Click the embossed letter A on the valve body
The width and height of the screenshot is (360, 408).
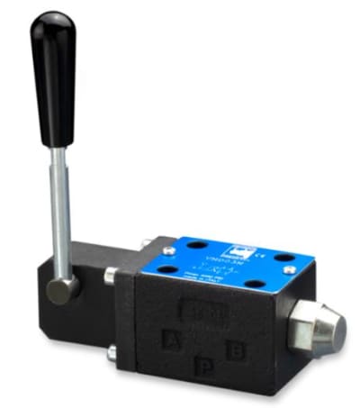169,340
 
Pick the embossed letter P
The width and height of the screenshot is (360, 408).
205,366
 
